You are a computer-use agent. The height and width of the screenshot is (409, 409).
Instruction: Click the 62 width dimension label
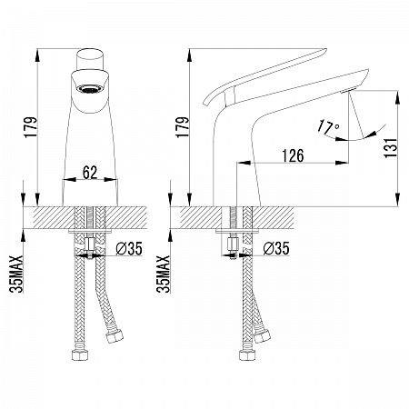coord(90,173)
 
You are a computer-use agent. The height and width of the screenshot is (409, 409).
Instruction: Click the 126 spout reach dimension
coord(293,155)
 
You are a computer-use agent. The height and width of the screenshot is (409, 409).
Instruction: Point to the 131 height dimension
coord(391,147)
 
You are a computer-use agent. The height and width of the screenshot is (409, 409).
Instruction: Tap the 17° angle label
coord(328,127)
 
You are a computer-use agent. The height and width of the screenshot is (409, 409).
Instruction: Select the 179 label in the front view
coord(31,127)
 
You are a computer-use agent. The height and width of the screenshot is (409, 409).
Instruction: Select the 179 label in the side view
coord(183,127)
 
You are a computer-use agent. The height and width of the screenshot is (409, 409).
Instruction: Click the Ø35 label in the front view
coord(129,249)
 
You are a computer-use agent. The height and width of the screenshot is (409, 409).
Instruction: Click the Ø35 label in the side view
coord(276,249)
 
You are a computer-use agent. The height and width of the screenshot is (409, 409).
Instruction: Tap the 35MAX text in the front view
coord(16,274)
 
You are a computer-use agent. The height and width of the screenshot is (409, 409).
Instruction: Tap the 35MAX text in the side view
coord(164,274)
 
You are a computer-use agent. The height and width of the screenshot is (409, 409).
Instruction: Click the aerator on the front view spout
coord(90,89)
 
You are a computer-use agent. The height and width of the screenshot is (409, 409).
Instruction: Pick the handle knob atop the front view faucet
coord(90,59)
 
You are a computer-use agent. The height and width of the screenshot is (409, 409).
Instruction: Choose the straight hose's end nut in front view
coord(80,354)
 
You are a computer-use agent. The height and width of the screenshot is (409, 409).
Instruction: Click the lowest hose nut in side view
coord(247,354)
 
